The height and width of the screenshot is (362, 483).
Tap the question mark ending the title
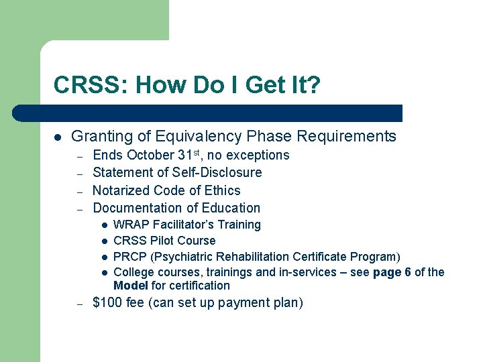[x=314, y=85]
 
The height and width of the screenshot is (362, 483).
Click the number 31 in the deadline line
[x=185, y=156]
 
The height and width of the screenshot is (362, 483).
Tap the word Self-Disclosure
[x=217, y=173]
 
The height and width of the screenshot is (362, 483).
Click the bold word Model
[x=130, y=286]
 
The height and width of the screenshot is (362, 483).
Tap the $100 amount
[x=107, y=303]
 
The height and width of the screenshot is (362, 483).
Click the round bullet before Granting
[x=58, y=137]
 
